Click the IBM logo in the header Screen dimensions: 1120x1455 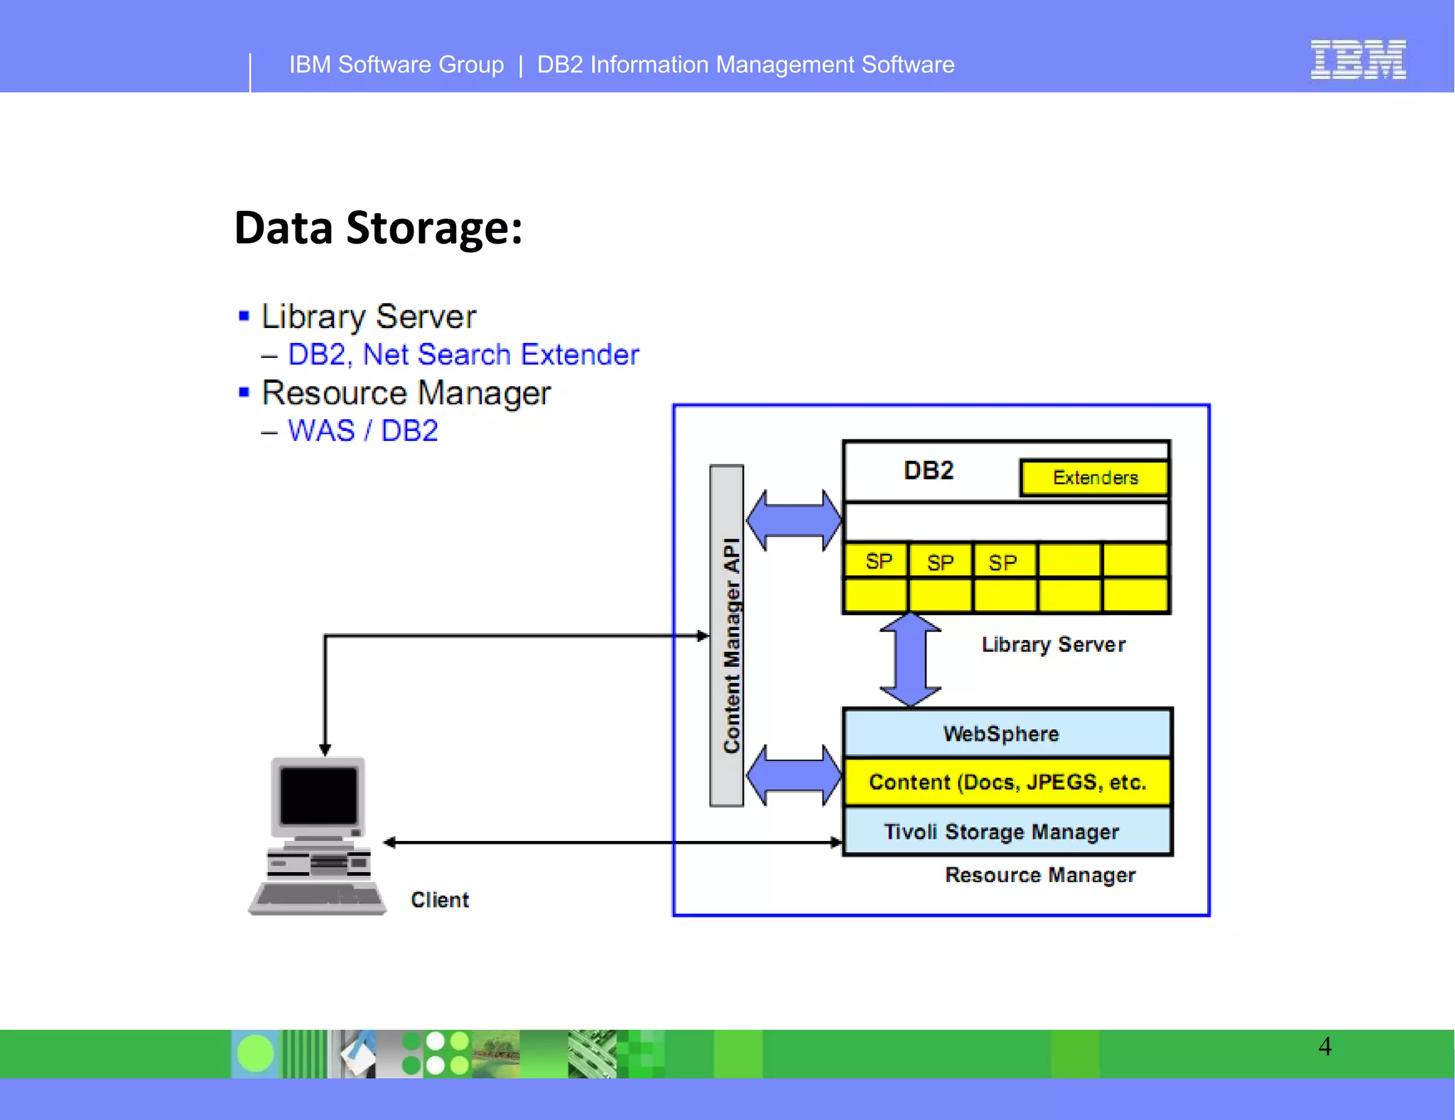click(x=1358, y=60)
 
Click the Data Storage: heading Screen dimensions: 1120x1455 click(x=378, y=228)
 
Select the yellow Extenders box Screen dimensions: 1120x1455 click(x=1094, y=478)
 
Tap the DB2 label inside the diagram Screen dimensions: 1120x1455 click(x=928, y=471)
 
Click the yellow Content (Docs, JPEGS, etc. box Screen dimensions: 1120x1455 click(x=1006, y=783)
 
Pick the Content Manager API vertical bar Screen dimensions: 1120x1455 click(x=727, y=636)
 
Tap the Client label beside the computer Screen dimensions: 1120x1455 click(x=440, y=900)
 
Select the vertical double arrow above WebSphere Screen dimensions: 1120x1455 click(x=910, y=660)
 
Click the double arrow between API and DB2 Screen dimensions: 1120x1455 click(x=794, y=520)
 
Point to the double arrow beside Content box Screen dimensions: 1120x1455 click(x=794, y=775)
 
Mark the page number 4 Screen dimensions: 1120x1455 click(x=1325, y=1046)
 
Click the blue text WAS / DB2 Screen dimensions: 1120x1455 click(x=362, y=431)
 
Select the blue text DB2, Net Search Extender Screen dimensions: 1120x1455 click(x=463, y=354)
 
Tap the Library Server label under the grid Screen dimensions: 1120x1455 click(x=1053, y=644)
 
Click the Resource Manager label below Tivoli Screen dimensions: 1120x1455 click(x=1039, y=875)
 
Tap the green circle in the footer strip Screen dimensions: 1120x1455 click(x=255, y=1053)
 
